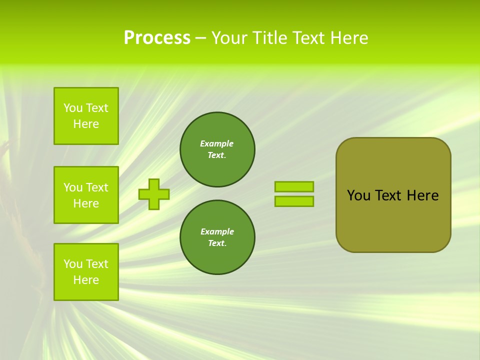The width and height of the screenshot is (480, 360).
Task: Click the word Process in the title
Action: tap(157, 38)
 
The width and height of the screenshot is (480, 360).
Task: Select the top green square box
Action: tap(86, 116)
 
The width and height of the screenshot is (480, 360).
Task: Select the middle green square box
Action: tap(86, 195)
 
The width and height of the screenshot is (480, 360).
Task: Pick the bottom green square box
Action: tap(86, 272)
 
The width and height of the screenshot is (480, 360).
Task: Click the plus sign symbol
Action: tap(154, 194)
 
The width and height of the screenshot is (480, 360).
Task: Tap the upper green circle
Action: tap(217, 149)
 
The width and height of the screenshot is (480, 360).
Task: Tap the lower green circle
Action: tap(217, 237)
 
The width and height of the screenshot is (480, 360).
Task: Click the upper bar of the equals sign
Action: tap(294, 186)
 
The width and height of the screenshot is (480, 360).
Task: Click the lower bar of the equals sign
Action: tap(294, 201)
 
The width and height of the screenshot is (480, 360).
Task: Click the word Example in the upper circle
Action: tap(217, 144)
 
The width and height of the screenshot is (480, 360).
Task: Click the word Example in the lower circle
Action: tap(217, 232)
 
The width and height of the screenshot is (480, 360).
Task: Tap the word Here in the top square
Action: tap(86, 124)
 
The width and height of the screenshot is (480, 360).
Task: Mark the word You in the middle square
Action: tap(73, 187)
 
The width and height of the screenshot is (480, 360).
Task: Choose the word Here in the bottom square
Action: tap(86, 280)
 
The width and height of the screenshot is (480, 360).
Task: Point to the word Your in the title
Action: tap(228, 38)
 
